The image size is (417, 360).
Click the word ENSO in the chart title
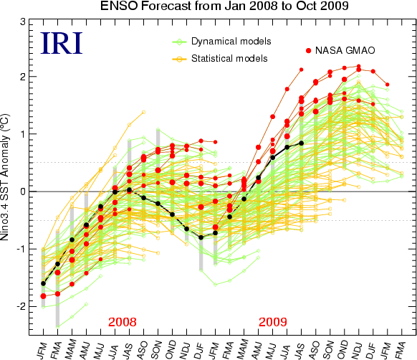click(119, 6)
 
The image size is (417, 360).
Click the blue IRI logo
click(62, 43)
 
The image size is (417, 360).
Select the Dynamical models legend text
click(231, 42)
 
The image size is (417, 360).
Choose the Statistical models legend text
click(229, 58)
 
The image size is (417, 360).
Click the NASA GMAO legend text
click(345, 50)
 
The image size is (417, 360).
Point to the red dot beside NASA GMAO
click(309, 51)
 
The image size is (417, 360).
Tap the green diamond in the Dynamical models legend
click(180, 42)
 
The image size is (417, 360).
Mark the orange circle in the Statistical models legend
click(180, 59)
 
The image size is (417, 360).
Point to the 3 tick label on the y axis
click(23, 22)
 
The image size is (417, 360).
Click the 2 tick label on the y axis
click(23, 77)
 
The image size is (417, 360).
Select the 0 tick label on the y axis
click(23, 191)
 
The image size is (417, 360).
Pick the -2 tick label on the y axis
click(21, 306)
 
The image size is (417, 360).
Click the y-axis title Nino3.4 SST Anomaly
click(5, 177)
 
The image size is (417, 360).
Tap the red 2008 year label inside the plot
click(123, 322)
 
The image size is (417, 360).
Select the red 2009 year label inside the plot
click(273, 322)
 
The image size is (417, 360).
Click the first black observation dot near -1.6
click(43, 283)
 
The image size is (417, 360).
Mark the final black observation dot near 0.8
click(302, 143)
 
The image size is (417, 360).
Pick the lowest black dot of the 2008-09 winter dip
click(201, 237)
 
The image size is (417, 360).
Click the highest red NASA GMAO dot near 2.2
click(358, 66)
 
